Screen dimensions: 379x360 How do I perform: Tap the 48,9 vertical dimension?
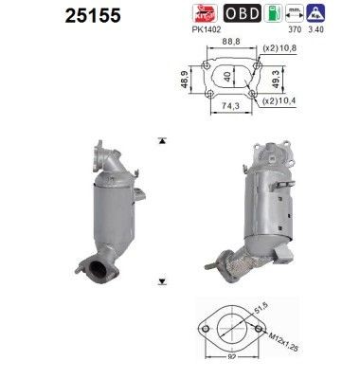tap(186, 81)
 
